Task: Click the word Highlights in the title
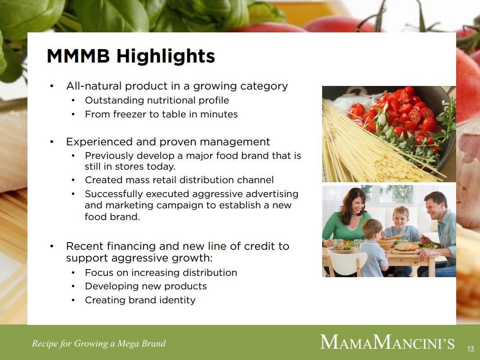166,56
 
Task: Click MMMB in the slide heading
78,56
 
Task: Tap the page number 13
471,349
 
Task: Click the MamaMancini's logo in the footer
387,342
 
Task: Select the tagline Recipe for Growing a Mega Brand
99,343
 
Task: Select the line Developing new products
146,286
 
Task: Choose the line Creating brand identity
140,300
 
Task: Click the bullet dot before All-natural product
52,86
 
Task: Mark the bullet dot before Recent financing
52,246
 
